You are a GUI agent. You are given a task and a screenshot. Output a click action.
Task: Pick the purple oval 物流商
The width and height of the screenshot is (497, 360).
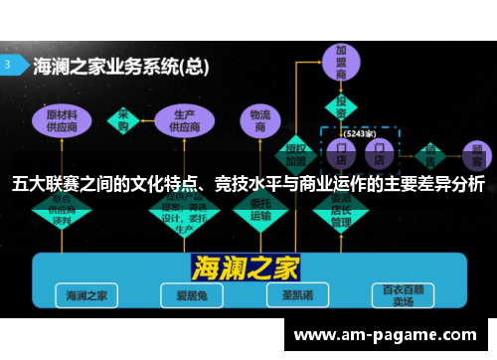(260, 121)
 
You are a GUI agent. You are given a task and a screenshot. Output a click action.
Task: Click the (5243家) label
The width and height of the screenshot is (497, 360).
(359, 132)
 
